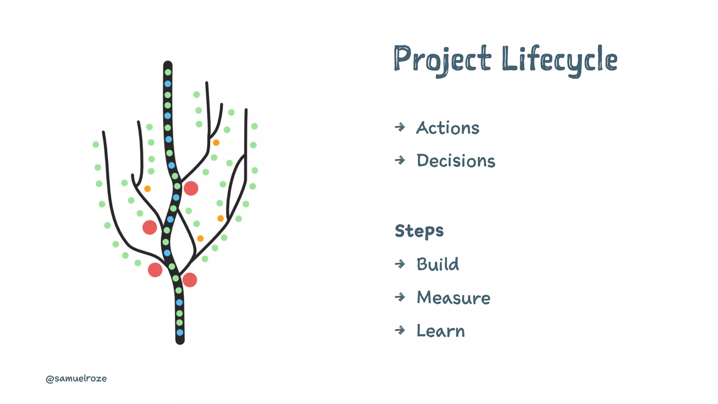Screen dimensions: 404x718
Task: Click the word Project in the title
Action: click(x=442, y=59)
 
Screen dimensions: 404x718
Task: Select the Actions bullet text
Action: click(x=448, y=128)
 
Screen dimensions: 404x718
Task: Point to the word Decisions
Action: click(x=456, y=161)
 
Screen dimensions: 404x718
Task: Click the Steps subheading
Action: click(x=419, y=231)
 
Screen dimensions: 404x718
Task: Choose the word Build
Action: click(x=438, y=264)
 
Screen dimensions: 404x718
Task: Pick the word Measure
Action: click(x=453, y=297)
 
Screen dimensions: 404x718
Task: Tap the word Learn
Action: click(x=441, y=331)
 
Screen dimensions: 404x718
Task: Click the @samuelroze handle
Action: click(x=76, y=378)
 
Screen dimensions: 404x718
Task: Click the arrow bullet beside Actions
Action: click(x=400, y=127)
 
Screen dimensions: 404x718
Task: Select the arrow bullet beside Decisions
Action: click(x=400, y=160)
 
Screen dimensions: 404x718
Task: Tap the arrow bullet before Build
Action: click(x=400, y=264)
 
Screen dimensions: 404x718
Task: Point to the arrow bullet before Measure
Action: click(x=400, y=297)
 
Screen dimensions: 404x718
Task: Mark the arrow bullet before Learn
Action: click(x=400, y=330)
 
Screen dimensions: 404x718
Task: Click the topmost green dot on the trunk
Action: click(x=168, y=72)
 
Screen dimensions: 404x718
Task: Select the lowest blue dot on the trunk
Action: click(x=180, y=332)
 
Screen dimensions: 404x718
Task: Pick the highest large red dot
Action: click(x=191, y=188)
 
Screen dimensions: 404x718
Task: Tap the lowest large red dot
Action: click(x=190, y=280)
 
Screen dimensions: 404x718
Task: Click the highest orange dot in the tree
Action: click(x=216, y=142)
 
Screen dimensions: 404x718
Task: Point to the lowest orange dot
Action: click(x=200, y=238)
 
